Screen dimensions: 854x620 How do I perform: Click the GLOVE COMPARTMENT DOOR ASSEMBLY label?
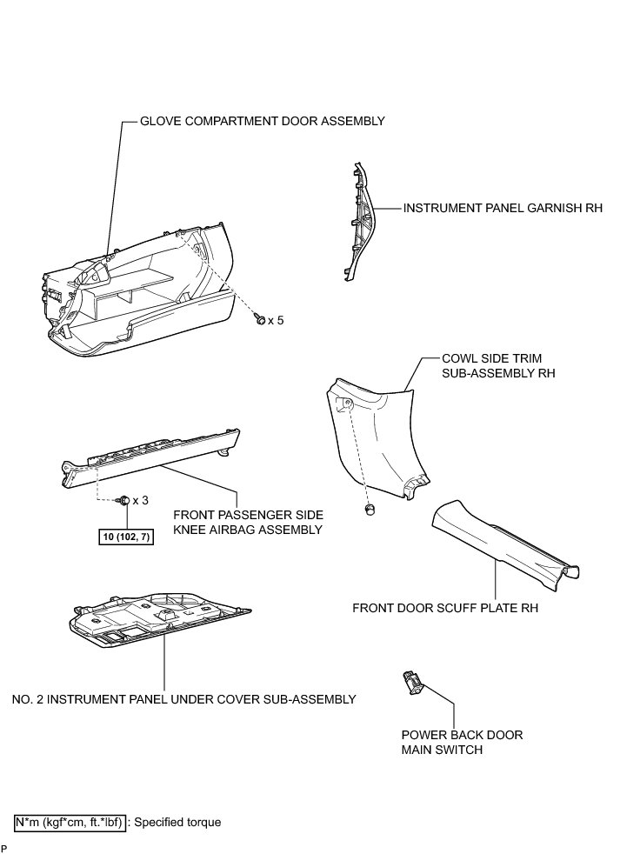(262, 122)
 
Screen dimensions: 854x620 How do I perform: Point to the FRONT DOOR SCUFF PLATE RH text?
(445, 608)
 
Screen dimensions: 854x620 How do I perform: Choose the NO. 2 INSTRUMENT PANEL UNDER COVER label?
(184, 698)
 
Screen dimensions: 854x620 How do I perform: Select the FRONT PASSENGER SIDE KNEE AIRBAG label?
(248, 522)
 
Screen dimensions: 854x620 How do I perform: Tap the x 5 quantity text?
(276, 321)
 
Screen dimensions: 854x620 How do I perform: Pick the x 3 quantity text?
(140, 501)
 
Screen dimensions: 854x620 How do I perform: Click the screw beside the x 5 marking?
(259, 321)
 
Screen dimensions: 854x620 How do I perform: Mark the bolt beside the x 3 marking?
(123, 500)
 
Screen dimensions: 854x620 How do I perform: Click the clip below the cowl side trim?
(370, 509)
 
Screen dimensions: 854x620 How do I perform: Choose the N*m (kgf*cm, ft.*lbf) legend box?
(70, 822)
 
